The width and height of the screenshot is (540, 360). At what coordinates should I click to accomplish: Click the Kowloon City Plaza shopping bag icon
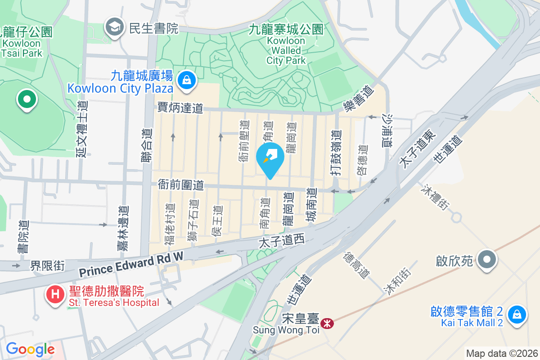[x=185, y=81]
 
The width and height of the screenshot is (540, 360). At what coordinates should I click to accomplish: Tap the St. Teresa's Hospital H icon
[x=55, y=295]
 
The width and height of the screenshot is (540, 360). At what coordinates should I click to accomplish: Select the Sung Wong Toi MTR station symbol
[x=327, y=323]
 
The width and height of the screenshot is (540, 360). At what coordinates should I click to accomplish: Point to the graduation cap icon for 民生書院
[x=115, y=28]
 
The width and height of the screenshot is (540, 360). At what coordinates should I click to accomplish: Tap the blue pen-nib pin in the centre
[x=270, y=158]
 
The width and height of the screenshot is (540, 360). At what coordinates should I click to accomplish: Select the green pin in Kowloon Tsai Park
[x=27, y=99]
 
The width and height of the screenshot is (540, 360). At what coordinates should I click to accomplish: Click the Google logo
[x=30, y=349]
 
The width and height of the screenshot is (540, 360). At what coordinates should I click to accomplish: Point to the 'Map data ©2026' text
[x=502, y=353]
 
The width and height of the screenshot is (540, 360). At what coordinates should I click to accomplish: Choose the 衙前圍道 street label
[x=181, y=184]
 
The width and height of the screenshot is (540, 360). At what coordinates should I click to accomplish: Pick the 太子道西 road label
[x=282, y=242]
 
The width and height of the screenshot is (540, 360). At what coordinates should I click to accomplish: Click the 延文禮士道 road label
[x=82, y=128]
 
